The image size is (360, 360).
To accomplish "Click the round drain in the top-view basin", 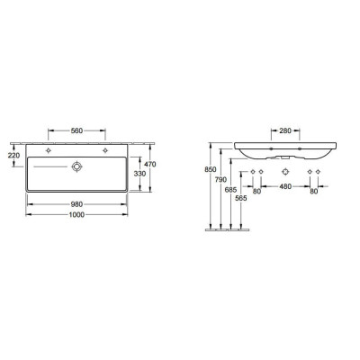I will (76, 166).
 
